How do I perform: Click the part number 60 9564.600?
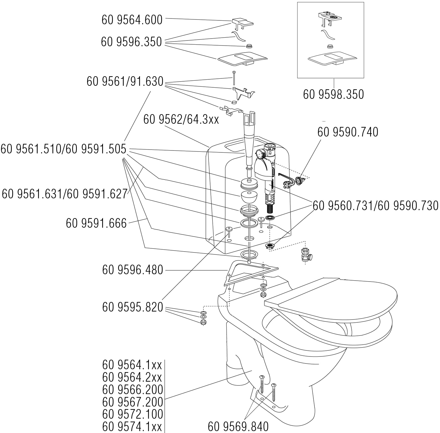(x=132, y=20)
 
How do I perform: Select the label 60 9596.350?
(x=131, y=42)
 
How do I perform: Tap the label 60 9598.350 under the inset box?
(x=333, y=94)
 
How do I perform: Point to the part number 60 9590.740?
(x=348, y=132)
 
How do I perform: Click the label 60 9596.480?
(x=132, y=270)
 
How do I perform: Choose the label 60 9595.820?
(x=132, y=307)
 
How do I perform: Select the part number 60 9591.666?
(x=96, y=223)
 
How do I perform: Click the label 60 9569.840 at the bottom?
(x=238, y=426)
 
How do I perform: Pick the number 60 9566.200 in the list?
(x=132, y=390)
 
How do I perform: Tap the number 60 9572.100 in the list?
(x=132, y=414)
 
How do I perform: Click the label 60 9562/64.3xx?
(x=181, y=120)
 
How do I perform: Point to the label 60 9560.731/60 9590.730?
(x=375, y=206)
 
